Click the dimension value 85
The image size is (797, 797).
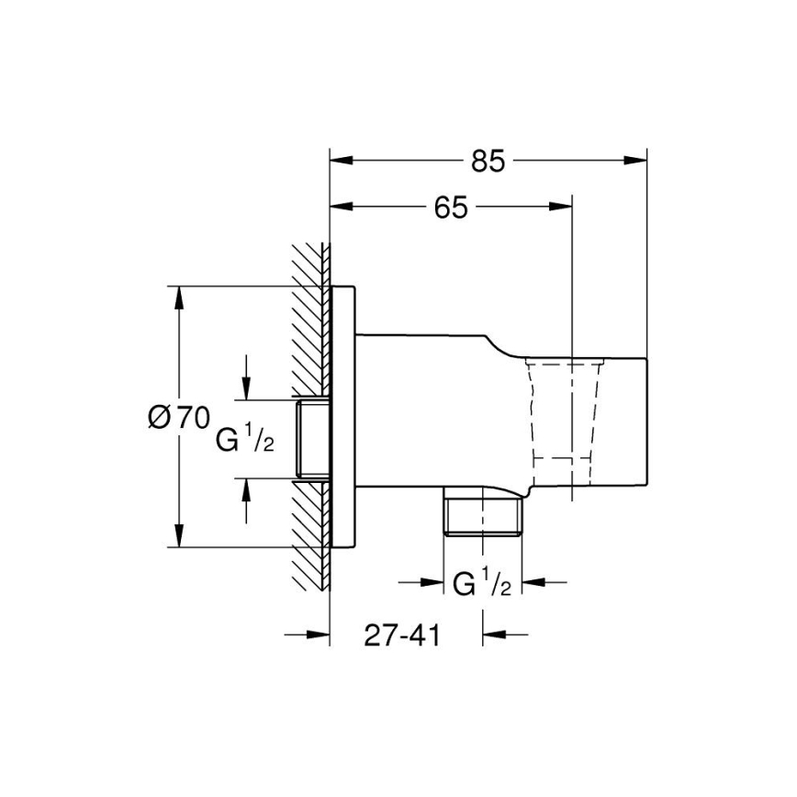pos(488,161)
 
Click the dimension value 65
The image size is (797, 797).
pos(451,208)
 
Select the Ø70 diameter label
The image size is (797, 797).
pos(177,418)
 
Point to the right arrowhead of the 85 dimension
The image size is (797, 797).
pos(635,160)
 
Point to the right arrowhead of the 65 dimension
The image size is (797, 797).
pos(561,208)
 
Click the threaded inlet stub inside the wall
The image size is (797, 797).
pos(312,439)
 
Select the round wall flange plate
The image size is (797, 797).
pos(342,418)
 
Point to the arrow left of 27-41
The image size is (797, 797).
pos(317,633)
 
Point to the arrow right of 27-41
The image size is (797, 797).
pos(495,633)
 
